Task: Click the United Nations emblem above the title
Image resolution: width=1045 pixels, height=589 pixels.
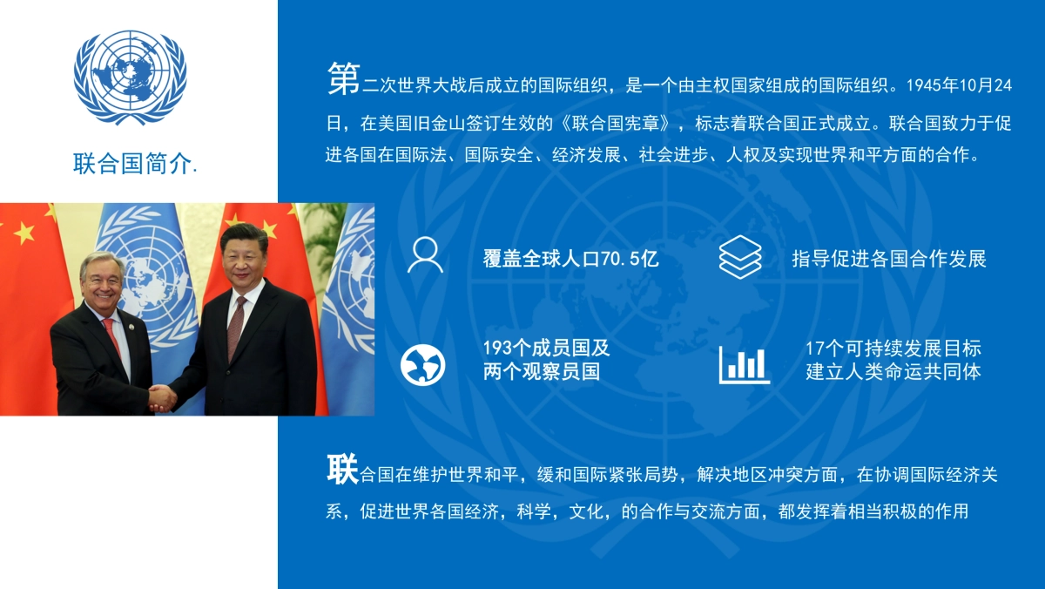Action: (x=131, y=77)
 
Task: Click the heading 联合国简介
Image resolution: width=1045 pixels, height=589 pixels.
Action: (x=135, y=163)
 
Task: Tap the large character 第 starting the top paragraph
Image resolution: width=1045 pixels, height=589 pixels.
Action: (x=343, y=79)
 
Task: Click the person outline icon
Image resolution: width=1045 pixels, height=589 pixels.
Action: (x=425, y=255)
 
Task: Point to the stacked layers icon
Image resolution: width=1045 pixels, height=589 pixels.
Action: (x=740, y=257)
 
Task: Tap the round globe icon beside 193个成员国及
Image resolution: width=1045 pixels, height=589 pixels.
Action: (x=423, y=365)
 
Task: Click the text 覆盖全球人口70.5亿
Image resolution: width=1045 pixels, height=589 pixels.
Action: (x=570, y=259)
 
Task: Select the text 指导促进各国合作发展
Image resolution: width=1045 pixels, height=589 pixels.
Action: (x=889, y=259)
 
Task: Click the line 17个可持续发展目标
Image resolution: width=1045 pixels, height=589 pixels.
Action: (x=893, y=349)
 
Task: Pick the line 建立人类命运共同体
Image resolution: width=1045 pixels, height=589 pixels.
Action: (x=893, y=372)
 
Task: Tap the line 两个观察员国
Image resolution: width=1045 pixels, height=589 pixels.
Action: (x=542, y=372)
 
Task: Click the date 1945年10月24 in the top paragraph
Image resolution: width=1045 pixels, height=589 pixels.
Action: (x=959, y=85)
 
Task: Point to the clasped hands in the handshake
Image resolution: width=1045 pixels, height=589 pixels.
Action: (x=162, y=398)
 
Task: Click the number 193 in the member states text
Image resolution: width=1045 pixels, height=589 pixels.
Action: (x=499, y=349)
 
